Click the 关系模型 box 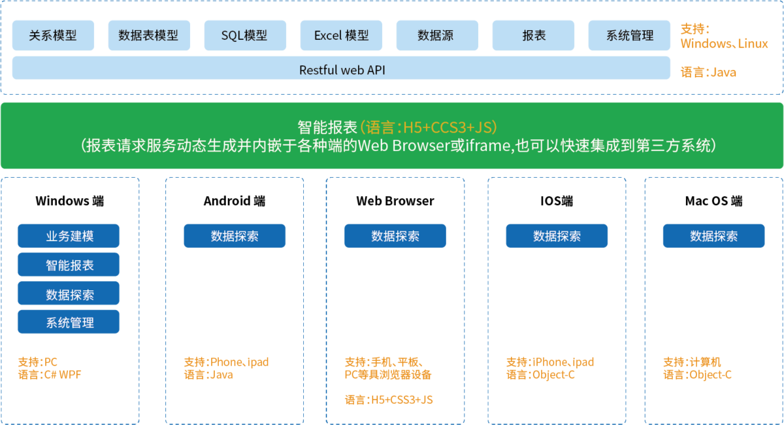[x=53, y=35]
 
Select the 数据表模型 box [x=149, y=35]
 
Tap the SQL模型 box [x=244, y=35]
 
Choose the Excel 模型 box [x=341, y=35]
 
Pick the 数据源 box [x=436, y=35]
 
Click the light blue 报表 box [x=534, y=35]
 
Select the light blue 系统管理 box [x=629, y=35]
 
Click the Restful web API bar [x=341, y=69]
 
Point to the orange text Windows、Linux [x=724, y=44]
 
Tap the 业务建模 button [x=69, y=236]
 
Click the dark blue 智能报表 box [x=69, y=265]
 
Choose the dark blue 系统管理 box [x=69, y=322]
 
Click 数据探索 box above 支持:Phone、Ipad [x=235, y=236]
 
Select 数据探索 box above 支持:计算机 [x=713, y=236]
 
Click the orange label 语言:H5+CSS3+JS [x=389, y=399]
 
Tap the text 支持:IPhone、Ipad [x=550, y=362]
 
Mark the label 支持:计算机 [x=692, y=362]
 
